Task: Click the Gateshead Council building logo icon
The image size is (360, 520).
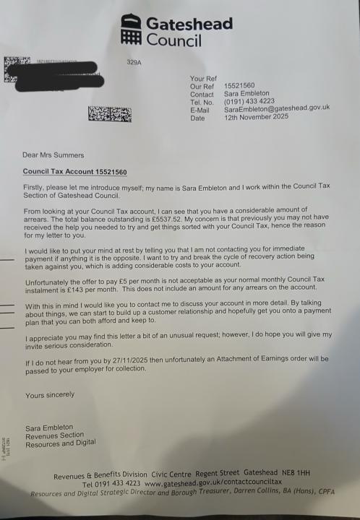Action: (x=131, y=30)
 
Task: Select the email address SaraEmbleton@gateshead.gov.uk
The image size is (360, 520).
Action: (x=276, y=109)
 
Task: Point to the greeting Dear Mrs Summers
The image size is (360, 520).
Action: (x=53, y=155)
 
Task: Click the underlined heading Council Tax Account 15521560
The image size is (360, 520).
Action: (x=75, y=172)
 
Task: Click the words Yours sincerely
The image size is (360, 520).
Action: (x=50, y=395)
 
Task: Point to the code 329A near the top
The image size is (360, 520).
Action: (x=135, y=64)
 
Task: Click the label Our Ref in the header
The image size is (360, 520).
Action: (x=202, y=86)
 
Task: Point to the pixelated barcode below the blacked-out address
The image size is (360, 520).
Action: (x=110, y=114)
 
